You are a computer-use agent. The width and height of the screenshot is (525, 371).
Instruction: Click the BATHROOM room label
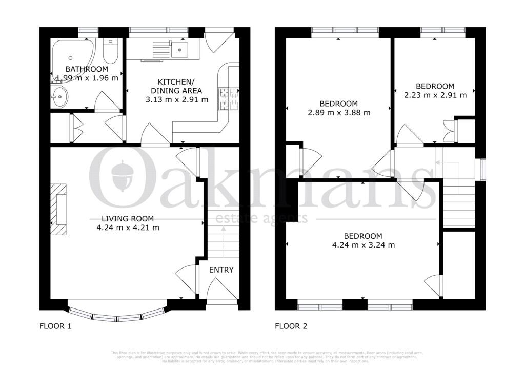86,69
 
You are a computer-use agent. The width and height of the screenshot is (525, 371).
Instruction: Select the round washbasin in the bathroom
60,95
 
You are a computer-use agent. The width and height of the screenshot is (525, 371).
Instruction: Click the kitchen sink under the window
180,49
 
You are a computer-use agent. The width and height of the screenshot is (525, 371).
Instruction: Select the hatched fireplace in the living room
59,209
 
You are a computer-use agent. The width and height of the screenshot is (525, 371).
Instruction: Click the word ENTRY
221,270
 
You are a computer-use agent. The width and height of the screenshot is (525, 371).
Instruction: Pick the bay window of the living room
117,313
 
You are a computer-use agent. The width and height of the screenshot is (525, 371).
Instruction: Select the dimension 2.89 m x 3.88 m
339,112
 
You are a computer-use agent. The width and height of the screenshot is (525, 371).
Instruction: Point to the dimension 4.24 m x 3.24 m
362,245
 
